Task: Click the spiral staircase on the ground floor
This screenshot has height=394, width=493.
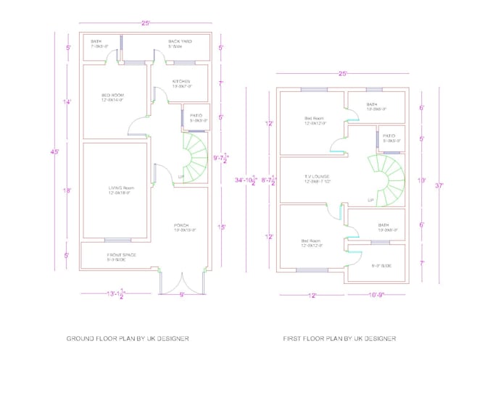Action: [x=192, y=158]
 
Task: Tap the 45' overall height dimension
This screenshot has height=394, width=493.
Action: [x=55, y=152]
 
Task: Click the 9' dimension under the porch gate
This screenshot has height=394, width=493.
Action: [x=181, y=295]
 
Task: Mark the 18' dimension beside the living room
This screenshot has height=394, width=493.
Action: [x=67, y=190]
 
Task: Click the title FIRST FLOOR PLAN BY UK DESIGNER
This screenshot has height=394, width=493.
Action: [x=339, y=338]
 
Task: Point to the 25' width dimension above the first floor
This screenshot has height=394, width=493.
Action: [x=342, y=73]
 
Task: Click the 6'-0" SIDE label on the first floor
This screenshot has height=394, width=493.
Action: [x=381, y=267]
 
